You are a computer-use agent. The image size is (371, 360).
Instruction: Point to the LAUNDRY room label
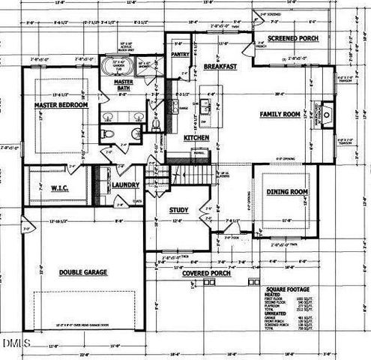click(x=121, y=184)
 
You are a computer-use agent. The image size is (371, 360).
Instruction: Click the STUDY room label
click(x=178, y=210)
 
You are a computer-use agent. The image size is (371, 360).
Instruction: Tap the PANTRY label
click(x=179, y=55)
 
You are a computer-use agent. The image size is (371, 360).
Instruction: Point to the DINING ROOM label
click(x=288, y=192)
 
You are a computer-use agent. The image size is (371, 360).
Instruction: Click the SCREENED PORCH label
click(x=294, y=37)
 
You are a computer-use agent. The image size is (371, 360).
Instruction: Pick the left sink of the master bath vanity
click(x=107, y=117)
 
